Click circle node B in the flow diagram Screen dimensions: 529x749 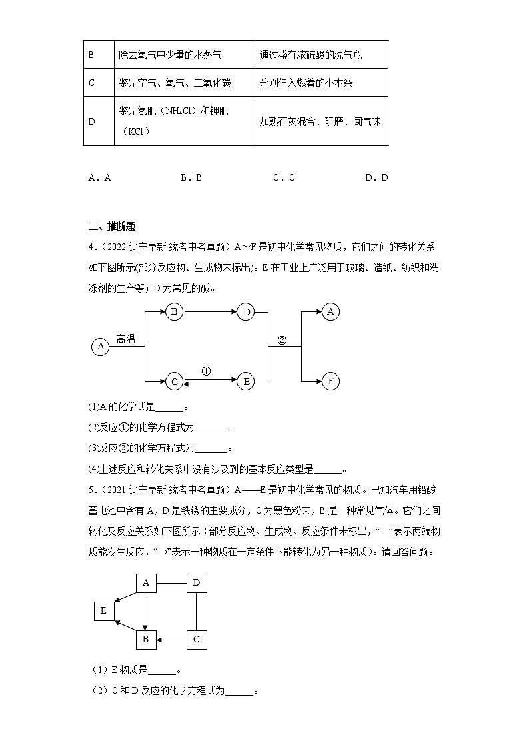coord(174,311)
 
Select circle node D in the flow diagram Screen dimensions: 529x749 coord(246,311)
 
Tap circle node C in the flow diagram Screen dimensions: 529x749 coord(174,381)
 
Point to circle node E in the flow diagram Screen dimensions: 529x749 coord(246,381)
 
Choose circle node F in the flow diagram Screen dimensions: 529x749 coord(330,381)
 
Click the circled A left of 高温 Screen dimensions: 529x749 coord(101,346)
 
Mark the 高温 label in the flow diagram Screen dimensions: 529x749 coord(126,339)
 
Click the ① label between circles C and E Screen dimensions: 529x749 coord(206,371)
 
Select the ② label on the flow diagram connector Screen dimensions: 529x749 coord(281,339)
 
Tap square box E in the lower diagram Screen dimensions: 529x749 coord(104,610)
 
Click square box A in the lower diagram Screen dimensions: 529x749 coord(145,583)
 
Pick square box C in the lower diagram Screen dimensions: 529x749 coord(196,639)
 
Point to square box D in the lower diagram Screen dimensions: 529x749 coord(196,583)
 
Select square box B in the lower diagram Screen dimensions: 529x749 coord(145,639)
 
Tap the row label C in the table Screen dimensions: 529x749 coord(91,83)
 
